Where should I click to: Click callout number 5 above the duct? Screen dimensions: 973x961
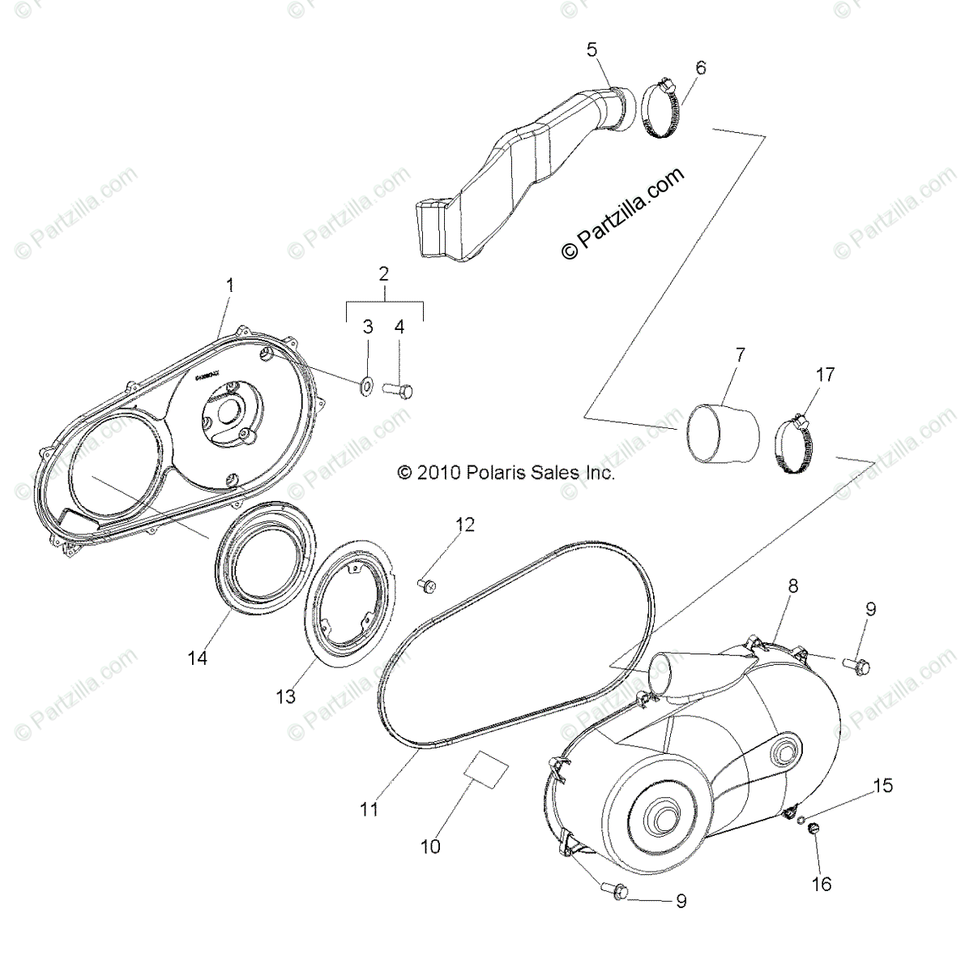coord(592,49)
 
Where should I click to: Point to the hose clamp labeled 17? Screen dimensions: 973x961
coord(797,446)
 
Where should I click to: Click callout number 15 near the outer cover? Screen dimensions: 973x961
coord(882,785)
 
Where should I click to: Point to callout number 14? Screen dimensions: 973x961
coord(198,658)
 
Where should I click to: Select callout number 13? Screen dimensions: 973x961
coord(285,696)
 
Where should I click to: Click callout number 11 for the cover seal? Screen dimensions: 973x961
coord(369,808)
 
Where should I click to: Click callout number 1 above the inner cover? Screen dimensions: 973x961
coord(230,285)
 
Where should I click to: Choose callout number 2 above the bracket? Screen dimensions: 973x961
coord(384,273)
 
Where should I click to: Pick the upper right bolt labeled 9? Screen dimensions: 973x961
coord(857,666)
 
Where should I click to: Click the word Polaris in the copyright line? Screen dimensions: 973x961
coord(498,473)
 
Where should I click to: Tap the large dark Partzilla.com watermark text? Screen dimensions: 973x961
coord(624,213)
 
